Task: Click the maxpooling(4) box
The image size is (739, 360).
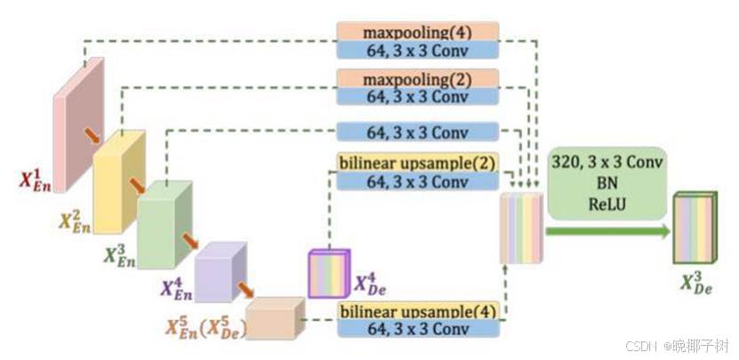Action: (x=417, y=32)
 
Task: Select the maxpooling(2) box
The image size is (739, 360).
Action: (x=417, y=79)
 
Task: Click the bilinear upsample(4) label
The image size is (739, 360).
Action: (x=417, y=311)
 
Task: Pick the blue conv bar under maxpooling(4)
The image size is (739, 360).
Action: (x=417, y=50)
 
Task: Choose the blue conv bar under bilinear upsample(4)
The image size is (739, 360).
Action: (x=417, y=329)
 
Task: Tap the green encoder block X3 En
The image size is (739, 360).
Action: (x=164, y=223)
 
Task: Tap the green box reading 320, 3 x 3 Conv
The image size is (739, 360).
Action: (x=607, y=183)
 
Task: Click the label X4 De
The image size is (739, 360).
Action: (x=370, y=284)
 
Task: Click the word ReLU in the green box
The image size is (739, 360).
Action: (x=607, y=203)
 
